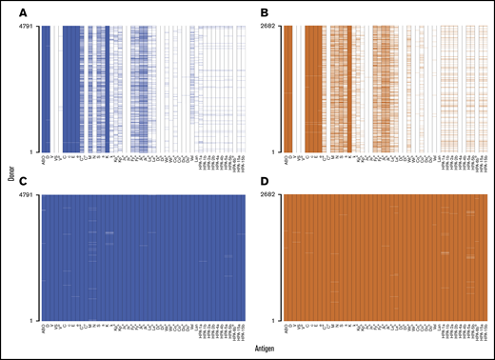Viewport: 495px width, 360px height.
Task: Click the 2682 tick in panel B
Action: (x=275, y=26)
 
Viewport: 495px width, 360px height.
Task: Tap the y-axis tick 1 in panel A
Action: (x=34, y=151)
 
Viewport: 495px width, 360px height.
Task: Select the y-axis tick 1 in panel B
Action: (x=281, y=151)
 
